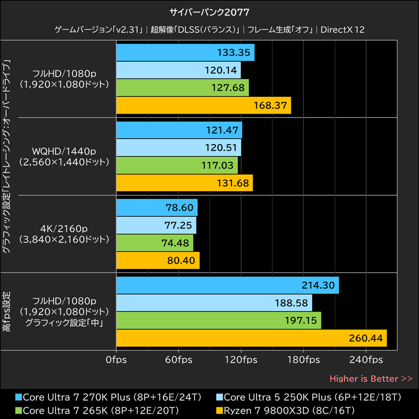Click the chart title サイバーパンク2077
(210, 12)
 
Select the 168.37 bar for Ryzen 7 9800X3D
(203, 105)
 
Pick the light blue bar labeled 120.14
(178, 70)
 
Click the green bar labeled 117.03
(177, 165)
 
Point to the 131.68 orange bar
(184, 183)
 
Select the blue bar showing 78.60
(157, 207)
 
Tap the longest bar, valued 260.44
(251, 338)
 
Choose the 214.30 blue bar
(227, 285)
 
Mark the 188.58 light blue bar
(214, 303)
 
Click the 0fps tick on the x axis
(116, 360)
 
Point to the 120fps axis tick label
(241, 360)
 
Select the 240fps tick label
(366, 360)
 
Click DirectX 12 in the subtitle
(343, 30)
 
